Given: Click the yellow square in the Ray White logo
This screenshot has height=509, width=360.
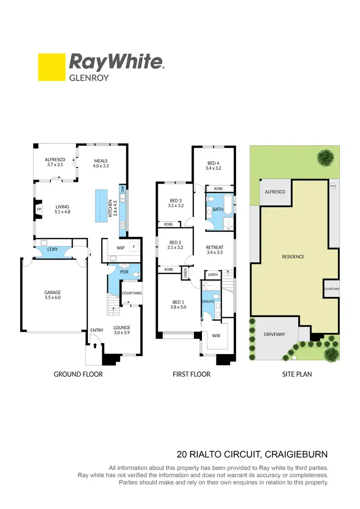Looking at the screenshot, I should [52, 67].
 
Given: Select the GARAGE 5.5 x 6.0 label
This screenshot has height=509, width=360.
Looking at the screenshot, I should [53, 295].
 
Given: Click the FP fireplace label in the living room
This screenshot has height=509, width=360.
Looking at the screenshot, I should [39, 209].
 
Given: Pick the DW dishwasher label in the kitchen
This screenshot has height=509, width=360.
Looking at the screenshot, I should [122, 189].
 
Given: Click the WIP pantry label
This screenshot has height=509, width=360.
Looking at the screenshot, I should [120, 248].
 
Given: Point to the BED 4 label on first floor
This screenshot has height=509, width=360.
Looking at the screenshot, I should [214, 166].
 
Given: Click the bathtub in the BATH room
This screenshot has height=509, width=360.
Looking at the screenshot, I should [228, 205].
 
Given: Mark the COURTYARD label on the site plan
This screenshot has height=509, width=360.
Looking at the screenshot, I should [332, 289].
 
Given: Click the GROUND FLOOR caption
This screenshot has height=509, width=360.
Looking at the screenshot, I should [78, 374].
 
